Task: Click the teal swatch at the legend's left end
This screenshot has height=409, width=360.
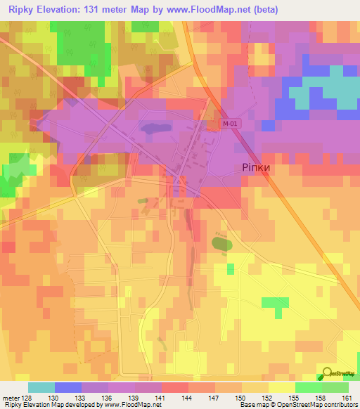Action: [x=41, y=387]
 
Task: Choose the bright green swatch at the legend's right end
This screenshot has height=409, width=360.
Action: [x=335, y=387]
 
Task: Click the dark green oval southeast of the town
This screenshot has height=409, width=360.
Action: [x=221, y=243]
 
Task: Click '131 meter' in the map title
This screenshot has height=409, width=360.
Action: [x=109, y=10]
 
